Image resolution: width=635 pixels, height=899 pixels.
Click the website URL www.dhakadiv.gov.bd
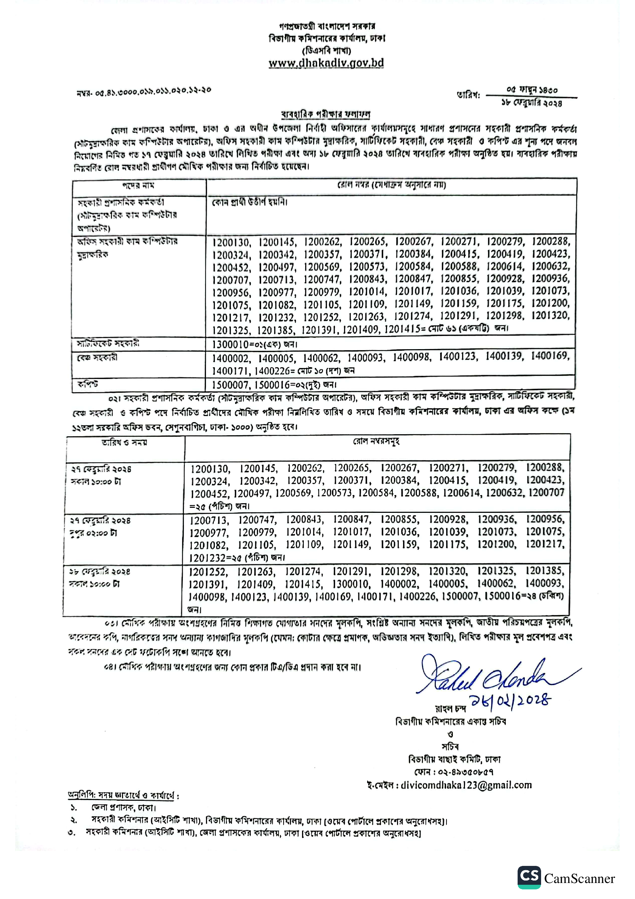(x=326, y=63)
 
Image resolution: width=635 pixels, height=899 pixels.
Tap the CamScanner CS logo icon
(x=529, y=877)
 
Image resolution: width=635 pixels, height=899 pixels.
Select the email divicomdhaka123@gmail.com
(x=466, y=785)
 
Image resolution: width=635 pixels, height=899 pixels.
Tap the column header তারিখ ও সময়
(x=124, y=442)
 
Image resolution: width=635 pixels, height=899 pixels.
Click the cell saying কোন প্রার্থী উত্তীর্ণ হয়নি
(x=249, y=203)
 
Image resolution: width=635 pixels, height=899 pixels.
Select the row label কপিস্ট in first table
(x=88, y=384)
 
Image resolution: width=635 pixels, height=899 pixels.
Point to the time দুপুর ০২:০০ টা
(x=93, y=533)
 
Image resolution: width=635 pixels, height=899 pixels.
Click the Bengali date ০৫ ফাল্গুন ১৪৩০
(x=531, y=90)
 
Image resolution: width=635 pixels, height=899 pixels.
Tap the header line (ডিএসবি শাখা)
(x=326, y=51)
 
